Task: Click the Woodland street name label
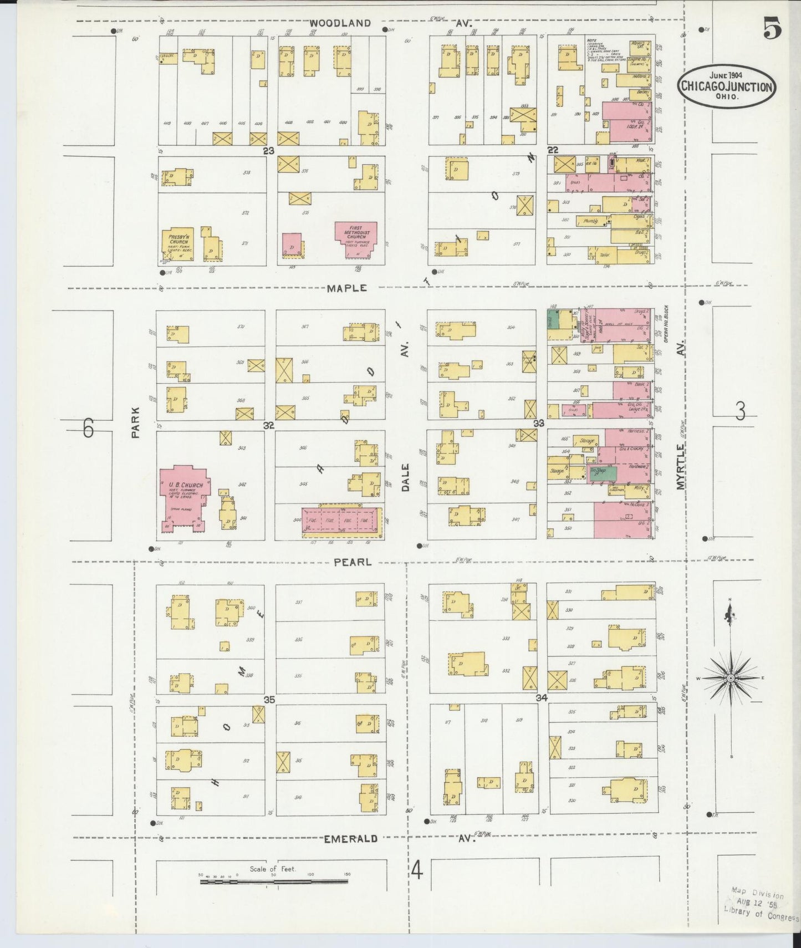coord(339,23)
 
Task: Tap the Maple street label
coord(347,288)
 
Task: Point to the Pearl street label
coord(353,562)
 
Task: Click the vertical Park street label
coord(135,423)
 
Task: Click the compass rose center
coord(731,678)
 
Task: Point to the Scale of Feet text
coord(273,869)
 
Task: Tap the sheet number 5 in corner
coord(772,29)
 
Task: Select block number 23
coord(269,151)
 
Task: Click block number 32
coord(269,425)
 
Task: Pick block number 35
coord(269,700)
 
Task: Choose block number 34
coord(542,698)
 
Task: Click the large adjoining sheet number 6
coord(88,429)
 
